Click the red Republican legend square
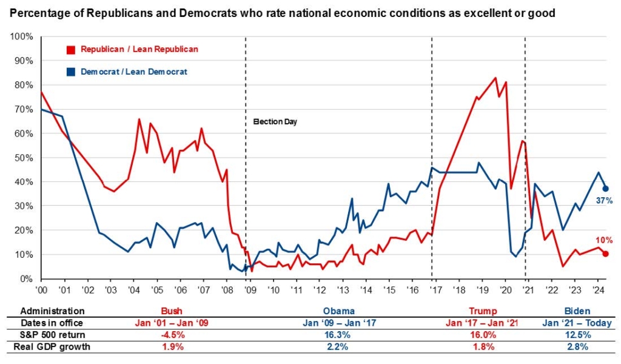71,49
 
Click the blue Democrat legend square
71,72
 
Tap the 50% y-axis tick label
24,158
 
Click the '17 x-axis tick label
435,290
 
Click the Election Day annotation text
275,122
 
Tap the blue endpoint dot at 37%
605,189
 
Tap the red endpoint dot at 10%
605,254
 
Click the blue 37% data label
603,201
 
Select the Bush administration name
171,311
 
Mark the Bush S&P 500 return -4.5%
171,334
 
